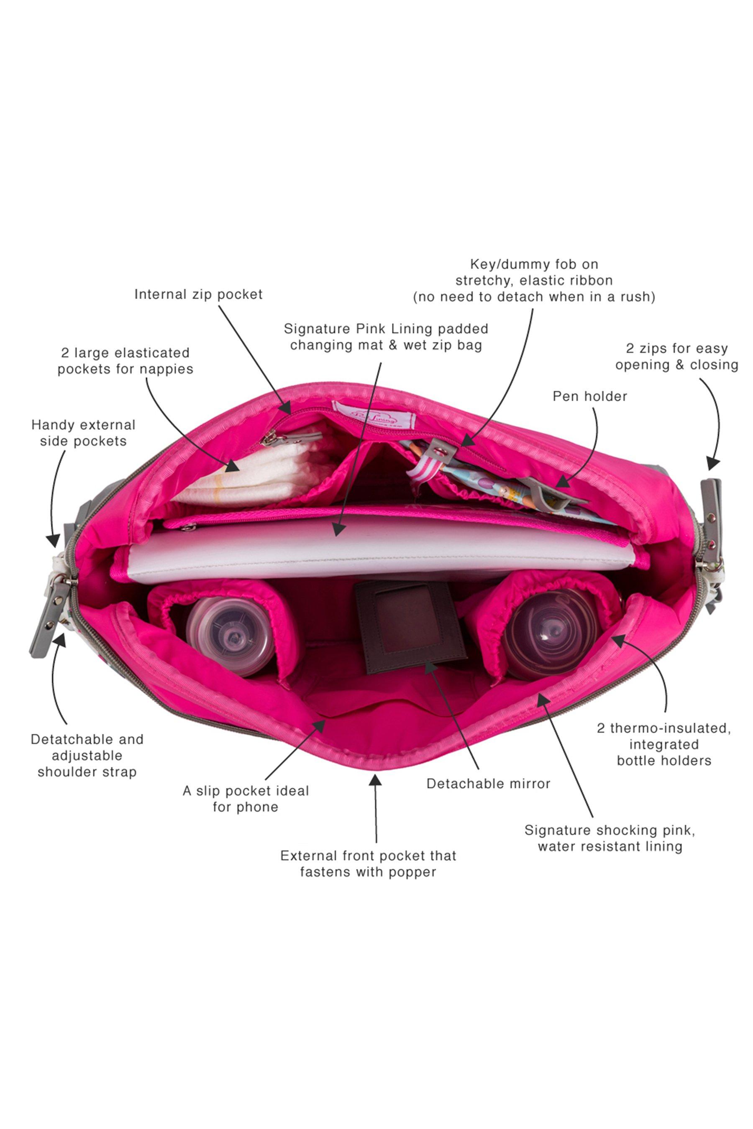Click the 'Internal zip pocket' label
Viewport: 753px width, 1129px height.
[198, 294]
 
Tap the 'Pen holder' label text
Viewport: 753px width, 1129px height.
[590, 396]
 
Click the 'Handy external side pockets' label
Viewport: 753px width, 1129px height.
[84, 432]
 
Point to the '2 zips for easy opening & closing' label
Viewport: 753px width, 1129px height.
[676, 356]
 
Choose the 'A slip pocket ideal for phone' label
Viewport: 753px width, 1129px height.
[246, 798]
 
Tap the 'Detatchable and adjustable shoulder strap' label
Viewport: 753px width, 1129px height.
[87, 756]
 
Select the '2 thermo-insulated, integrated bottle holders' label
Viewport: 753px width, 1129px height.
[663, 744]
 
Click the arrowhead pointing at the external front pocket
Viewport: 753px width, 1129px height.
[375, 780]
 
